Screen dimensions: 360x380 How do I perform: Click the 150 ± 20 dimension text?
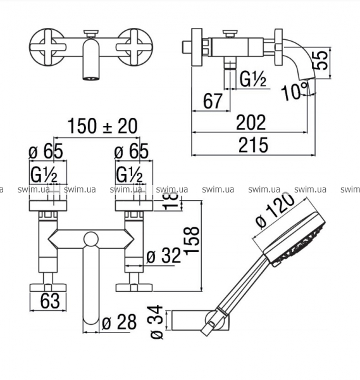[102, 126]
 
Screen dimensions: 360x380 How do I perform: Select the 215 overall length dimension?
[253, 145]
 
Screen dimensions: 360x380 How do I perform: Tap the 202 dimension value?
[251, 122]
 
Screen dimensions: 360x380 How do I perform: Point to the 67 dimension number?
[213, 101]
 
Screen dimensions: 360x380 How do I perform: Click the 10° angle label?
[295, 91]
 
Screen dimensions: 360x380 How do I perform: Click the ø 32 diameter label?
[164, 255]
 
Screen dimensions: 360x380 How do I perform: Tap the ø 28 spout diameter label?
[119, 322]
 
